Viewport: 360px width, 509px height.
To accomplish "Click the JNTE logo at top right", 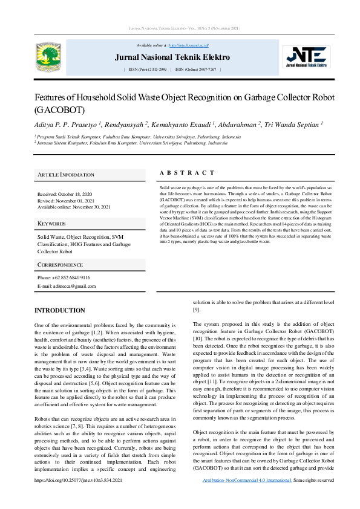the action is pos(309,57).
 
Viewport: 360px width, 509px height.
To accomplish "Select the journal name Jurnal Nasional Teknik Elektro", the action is pos(172,57).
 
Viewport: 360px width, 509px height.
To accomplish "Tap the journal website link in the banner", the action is pos(188,45).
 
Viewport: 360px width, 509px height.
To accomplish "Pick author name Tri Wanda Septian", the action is pos(296,124).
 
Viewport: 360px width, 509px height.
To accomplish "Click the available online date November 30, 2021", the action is pos(88,207).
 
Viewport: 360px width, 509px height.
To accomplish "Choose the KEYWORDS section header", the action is pos(51,224).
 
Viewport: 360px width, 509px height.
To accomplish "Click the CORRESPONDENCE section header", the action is pos(60,265).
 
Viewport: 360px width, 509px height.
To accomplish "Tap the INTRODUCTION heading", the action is pos(60,310).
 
